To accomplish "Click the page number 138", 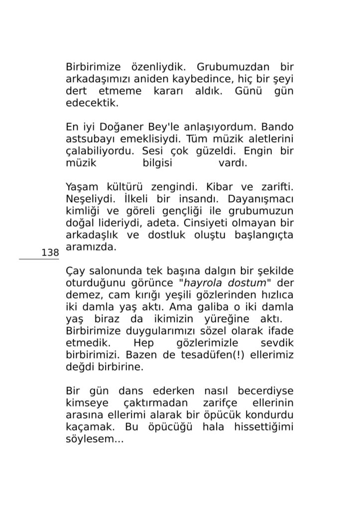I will click(x=50, y=253).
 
